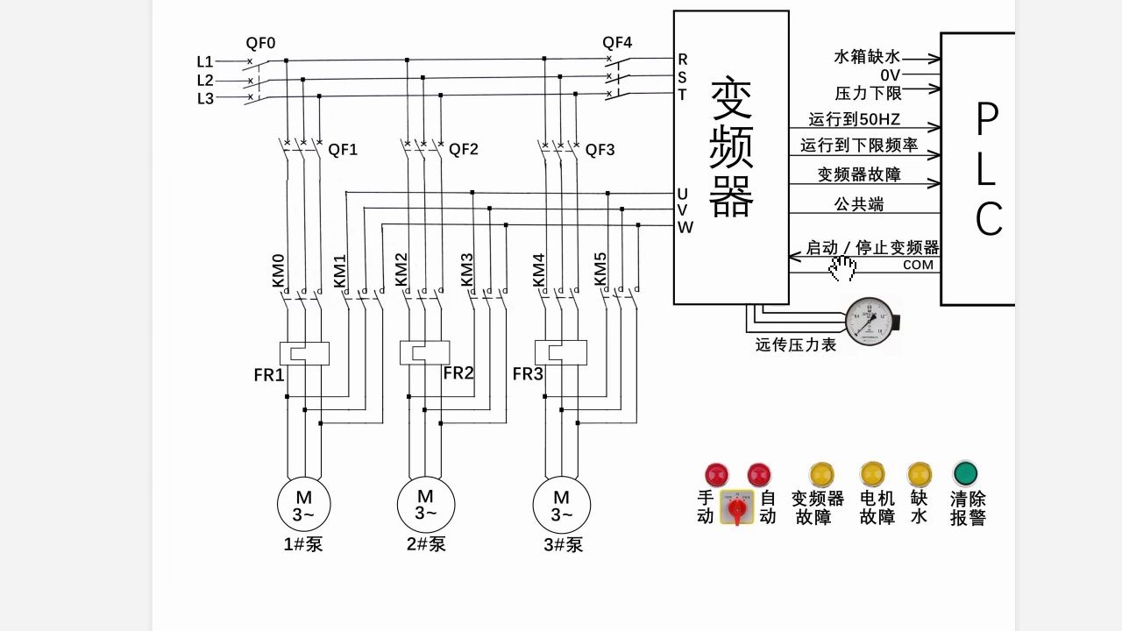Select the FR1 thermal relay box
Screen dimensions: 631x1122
pyautogui.click(x=303, y=353)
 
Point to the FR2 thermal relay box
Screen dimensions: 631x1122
pyautogui.click(x=425, y=352)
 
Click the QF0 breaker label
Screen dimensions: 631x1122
pyautogui.click(x=260, y=43)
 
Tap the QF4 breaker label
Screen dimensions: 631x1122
pyautogui.click(x=617, y=42)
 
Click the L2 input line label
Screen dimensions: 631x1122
pyautogui.click(x=204, y=81)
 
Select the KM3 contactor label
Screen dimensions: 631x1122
pyautogui.click(x=467, y=270)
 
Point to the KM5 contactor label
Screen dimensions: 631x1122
pyautogui.click(x=600, y=270)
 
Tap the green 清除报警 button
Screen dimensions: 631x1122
pyautogui.click(x=966, y=474)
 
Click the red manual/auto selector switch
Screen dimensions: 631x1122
pyautogui.click(x=737, y=507)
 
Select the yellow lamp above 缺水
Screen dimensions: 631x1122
pyautogui.click(x=920, y=474)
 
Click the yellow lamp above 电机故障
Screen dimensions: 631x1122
pyautogui.click(x=872, y=474)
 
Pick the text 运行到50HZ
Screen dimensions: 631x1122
pyautogui.click(x=855, y=119)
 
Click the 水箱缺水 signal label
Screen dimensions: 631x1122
pyautogui.click(x=866, y=57)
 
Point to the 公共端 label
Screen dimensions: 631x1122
pyautogui.click(x=858, y=204)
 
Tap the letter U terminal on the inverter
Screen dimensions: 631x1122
pyautogui.click(x=682, y=194)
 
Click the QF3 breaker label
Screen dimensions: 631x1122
pyautogui.click(x=600, y=150)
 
